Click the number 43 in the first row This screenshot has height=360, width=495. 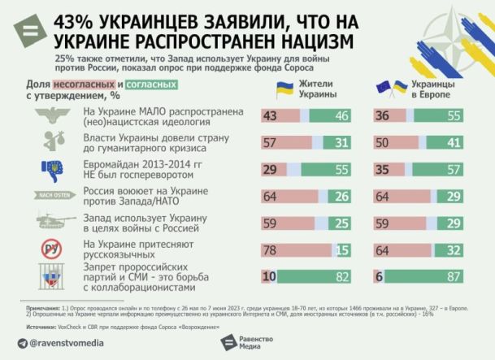point(270,117)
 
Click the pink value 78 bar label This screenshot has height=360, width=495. point(270,252)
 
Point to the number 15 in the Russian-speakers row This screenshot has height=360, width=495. point(343,252)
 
